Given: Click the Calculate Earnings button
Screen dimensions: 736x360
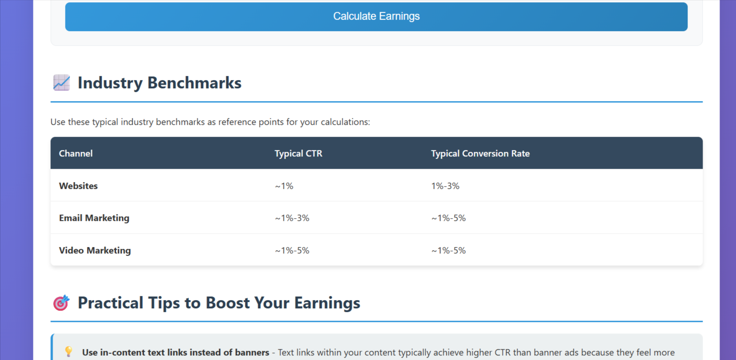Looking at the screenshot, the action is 376,16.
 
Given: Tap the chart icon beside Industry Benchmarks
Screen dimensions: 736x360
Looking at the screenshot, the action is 61,82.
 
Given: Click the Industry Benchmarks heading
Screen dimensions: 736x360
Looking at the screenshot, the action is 159,83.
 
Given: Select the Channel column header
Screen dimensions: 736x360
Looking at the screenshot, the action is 76,153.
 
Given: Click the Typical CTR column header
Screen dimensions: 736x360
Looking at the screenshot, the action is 298,153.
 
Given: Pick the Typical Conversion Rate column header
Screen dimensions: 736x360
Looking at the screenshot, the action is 480,153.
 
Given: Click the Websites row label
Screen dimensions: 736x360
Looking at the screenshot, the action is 78,186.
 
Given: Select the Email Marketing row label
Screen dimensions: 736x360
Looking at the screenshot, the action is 94,218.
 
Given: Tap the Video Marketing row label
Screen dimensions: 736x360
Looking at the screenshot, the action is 95,250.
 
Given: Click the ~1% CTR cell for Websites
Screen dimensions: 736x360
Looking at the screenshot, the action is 284,186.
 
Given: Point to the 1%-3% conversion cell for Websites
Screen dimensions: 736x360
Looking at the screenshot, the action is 445,186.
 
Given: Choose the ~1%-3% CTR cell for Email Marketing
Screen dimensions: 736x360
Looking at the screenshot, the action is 292,218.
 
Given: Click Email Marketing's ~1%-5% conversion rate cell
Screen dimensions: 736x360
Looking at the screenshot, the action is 448,218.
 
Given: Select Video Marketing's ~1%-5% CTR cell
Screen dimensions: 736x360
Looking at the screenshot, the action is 292,250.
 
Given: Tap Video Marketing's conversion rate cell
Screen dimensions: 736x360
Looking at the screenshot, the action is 448,250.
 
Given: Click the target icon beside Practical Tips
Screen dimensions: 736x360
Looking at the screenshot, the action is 61,302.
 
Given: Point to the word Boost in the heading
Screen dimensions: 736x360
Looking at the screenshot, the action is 227,302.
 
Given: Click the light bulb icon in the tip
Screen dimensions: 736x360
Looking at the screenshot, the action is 68,351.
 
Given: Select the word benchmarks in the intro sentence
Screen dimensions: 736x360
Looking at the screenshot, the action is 180,122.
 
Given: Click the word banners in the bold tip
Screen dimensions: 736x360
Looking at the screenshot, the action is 253,352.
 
